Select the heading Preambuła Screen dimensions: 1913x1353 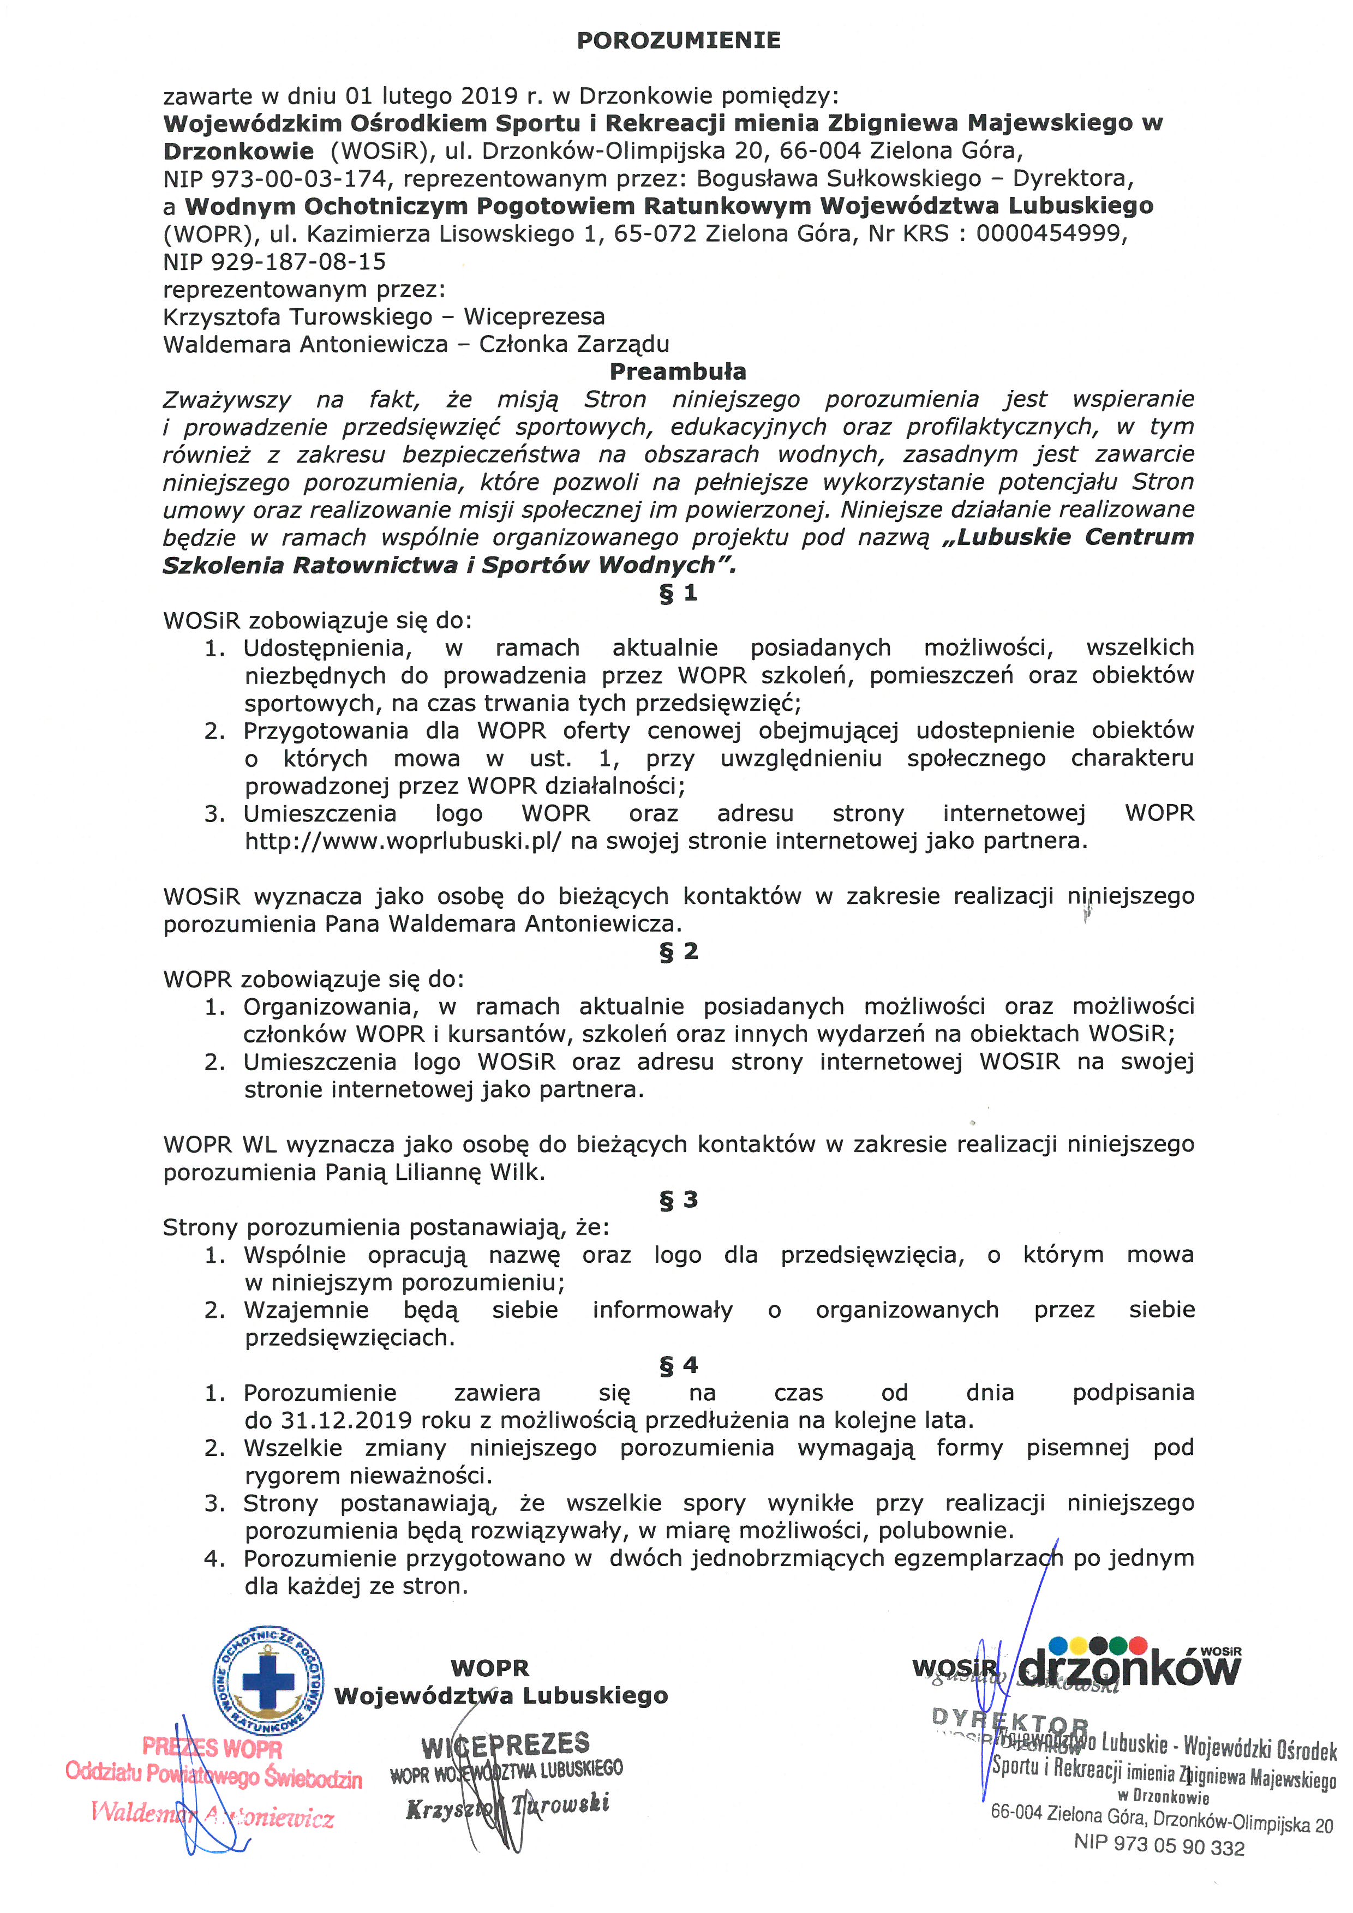point(678,371)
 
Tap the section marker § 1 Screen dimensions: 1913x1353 point(678,593)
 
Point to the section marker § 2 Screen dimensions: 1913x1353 point(678,951)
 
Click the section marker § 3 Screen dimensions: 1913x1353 point(678,1200)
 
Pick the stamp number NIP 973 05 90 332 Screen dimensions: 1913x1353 point(1158,1845)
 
